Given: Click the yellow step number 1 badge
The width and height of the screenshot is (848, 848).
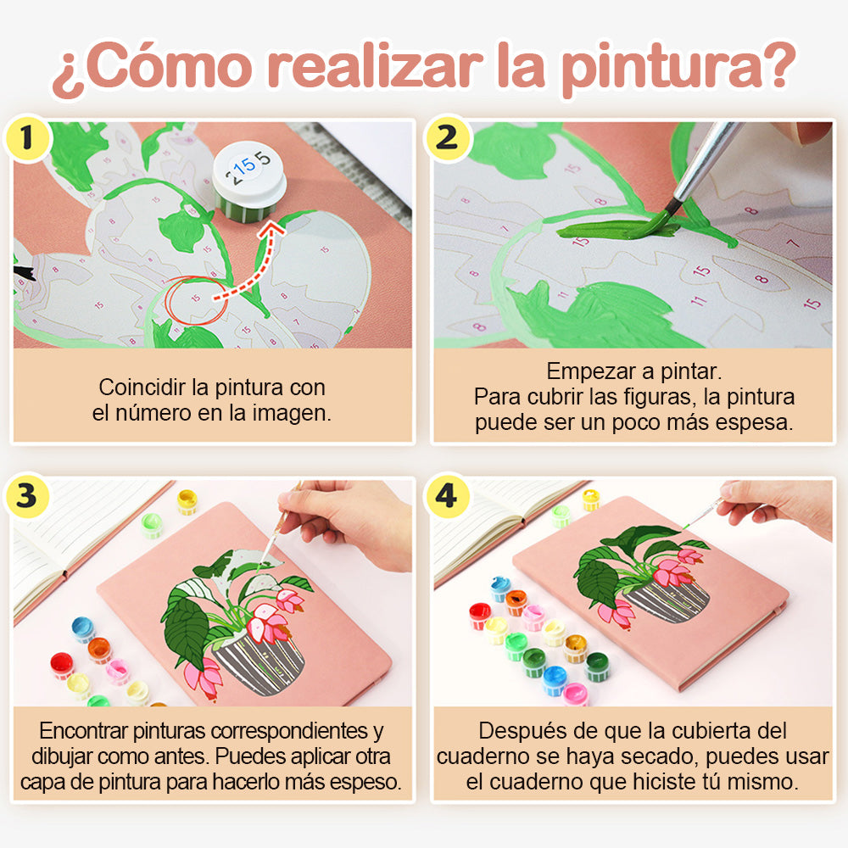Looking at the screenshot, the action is tap(26, 138).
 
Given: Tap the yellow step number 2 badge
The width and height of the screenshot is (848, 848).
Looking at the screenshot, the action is tap(447, 138).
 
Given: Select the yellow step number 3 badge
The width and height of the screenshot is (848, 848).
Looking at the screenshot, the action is tap(26, 496).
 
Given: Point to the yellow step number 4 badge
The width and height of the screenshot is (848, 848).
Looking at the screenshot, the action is tap(447, 496).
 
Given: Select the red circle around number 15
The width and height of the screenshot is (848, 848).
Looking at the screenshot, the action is tap(197, 301).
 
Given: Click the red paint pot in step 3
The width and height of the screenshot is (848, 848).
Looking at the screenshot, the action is tap(62, 665).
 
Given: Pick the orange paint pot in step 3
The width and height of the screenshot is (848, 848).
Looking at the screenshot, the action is tap(99, 649).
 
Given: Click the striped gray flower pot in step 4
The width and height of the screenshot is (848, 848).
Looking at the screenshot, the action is tap(668, 600).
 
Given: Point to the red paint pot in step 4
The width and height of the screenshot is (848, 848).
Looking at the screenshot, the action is tap(480, 616).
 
